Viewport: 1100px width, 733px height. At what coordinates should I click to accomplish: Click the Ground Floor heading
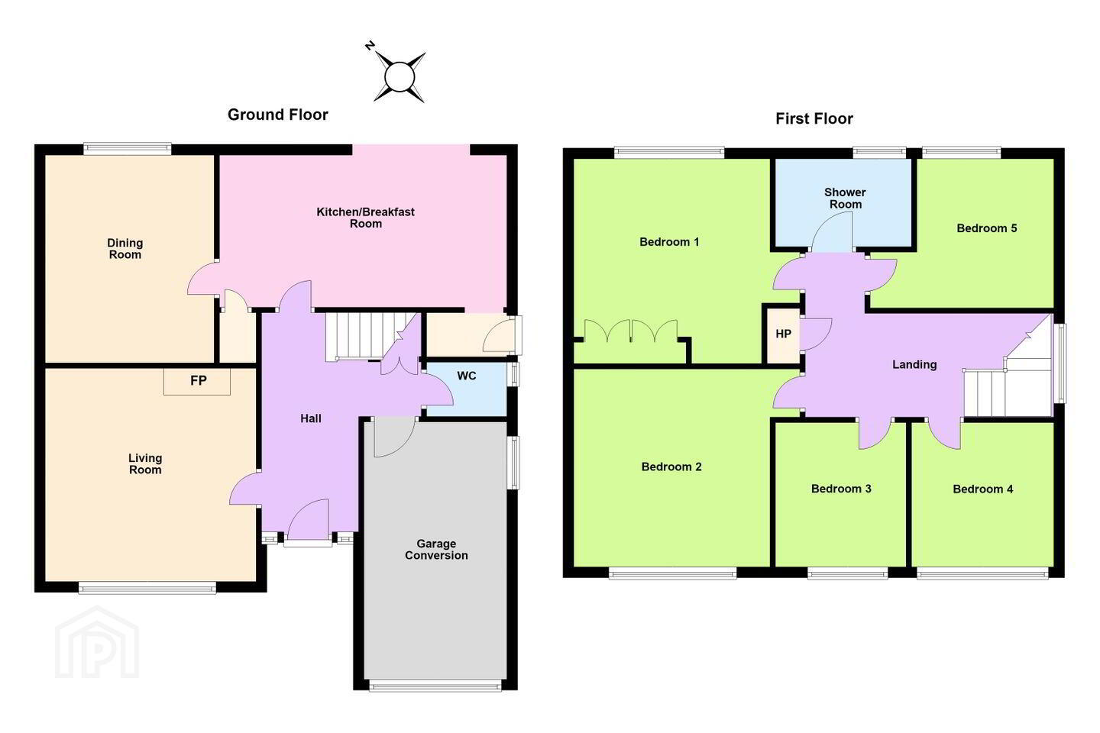point(277,115)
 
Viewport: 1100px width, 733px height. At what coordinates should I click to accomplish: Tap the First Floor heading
point(814,118)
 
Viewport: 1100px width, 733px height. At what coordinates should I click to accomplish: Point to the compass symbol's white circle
point(400,77)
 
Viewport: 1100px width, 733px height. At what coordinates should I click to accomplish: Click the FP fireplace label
point(199,380)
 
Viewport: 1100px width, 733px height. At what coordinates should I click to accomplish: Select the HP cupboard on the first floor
point(783,334)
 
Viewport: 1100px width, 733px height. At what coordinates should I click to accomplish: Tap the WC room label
point(467,376)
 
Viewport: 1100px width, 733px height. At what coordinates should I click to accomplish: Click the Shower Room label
point(845,199)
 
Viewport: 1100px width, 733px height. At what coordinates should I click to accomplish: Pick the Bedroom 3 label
point(841,489)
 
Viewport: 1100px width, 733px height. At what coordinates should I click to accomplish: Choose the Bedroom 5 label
point(987,228)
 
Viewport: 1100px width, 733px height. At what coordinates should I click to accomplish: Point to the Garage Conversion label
point(436,550)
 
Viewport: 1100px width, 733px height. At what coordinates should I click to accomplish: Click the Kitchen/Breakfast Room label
point(365,218)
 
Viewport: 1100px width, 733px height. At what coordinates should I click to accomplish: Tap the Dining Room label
point(125,248)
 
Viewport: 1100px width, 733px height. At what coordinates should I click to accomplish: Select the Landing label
point(914,364)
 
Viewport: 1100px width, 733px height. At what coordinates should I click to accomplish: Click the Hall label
point(311,418)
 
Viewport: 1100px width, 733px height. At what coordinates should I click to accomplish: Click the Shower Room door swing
point(831,233)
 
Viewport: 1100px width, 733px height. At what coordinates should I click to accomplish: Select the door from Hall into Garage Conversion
point(394,437)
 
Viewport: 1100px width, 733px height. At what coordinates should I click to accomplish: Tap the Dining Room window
point(127,149)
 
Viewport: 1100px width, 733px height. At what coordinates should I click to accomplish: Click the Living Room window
point(147,587)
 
